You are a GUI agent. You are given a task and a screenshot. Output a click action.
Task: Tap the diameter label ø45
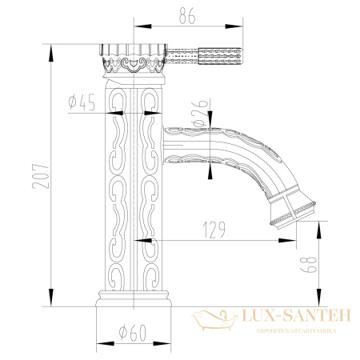click(83, 101)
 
